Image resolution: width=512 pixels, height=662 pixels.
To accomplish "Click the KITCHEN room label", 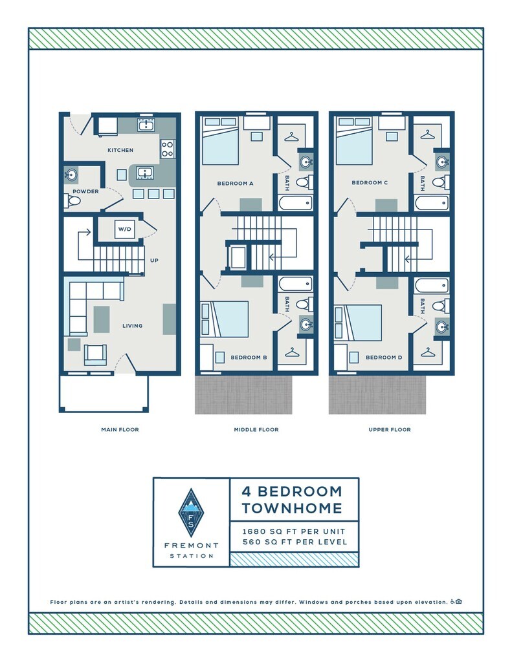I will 120,150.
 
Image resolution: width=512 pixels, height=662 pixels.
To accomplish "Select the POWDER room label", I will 85,191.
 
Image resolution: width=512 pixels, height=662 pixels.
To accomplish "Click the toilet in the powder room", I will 74,202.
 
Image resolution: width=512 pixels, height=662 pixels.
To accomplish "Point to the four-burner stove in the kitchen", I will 167,149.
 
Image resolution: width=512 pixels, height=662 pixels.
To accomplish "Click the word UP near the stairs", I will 154,261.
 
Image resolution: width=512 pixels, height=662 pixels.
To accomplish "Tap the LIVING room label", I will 133,326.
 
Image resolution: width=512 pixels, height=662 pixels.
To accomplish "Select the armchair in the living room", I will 96,354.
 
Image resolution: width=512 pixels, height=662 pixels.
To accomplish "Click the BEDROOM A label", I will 235,183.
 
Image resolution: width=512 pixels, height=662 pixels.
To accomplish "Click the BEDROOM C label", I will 370,183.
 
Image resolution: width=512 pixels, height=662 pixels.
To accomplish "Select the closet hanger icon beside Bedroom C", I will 427,134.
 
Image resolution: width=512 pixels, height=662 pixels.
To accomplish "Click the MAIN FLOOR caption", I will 120,429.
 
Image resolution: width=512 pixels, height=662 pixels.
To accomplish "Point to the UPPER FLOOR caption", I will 390,429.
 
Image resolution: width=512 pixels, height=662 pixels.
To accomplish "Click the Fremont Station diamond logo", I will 191,513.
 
